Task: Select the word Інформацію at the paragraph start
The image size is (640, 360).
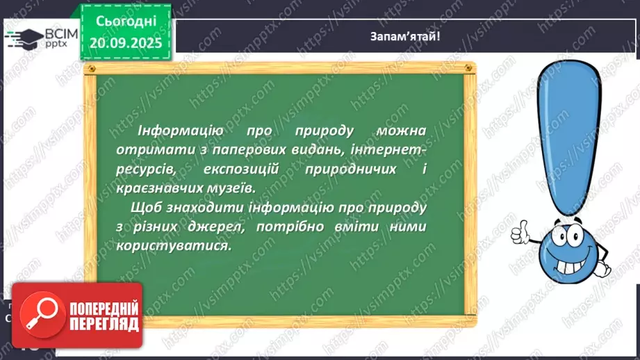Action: coord(170,131)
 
